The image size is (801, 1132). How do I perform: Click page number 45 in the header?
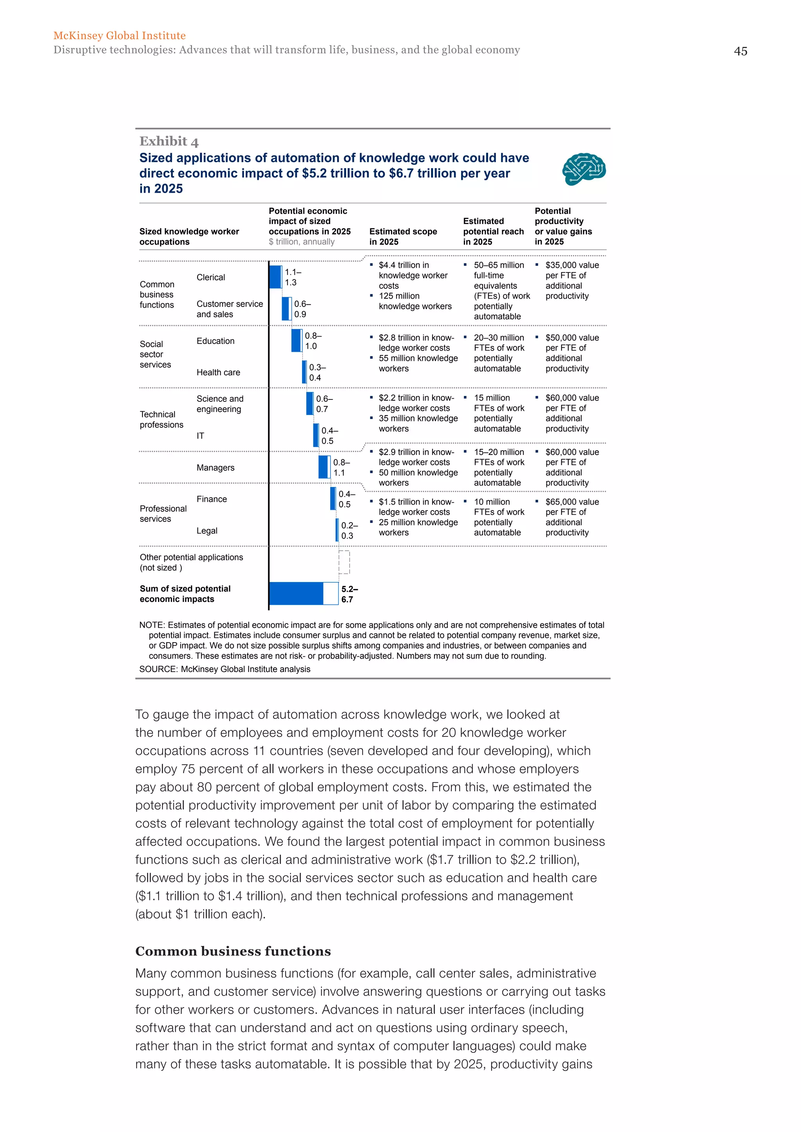coord(740,51)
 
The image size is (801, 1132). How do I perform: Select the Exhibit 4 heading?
coord(169,141)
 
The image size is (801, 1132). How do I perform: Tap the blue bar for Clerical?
coord(275,277)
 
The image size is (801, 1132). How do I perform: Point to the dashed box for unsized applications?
coord(344,562)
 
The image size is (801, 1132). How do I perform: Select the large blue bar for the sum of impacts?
coord(296,594)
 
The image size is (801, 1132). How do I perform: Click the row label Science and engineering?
coord(219,404)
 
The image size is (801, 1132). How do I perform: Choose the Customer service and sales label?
coord(229,309)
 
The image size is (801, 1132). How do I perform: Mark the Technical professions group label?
coord(161,419)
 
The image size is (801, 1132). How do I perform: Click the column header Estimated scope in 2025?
coord(402,236)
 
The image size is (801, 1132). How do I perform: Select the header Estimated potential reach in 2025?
coord(493,231)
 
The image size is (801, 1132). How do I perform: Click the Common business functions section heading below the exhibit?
coord(233,951)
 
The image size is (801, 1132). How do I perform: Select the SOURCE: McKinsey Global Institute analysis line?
coord(224,670)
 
